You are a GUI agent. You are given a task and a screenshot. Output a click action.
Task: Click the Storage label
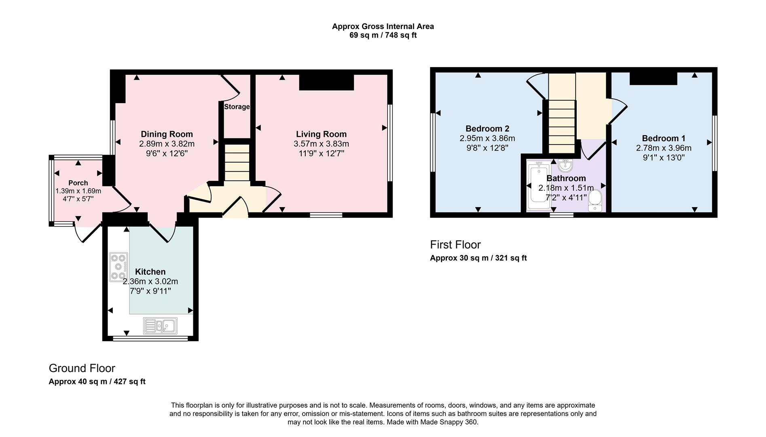(237, 107)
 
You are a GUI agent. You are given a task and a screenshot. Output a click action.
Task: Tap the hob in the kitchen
(118, 267)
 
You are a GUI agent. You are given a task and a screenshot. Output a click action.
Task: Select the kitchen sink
(160, 326)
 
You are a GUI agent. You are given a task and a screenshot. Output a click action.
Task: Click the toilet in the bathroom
(595, 201)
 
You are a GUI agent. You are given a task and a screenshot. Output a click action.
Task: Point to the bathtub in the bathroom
(537, 186)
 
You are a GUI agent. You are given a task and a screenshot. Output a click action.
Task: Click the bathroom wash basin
(565, 165)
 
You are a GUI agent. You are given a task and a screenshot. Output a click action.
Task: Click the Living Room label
(321, 134)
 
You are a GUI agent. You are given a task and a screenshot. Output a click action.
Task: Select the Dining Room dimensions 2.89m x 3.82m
(167, 144)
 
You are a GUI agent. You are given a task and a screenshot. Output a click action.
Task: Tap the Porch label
(78, 183)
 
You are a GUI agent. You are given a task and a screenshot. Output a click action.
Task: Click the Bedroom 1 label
(663, 138)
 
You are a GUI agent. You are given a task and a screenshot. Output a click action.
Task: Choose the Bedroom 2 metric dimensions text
(487, 138)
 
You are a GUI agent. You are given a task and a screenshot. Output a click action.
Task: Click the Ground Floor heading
(82, 368)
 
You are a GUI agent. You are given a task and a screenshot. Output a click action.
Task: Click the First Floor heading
(455, 245)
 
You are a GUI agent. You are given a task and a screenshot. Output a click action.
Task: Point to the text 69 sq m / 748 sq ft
(383, 35)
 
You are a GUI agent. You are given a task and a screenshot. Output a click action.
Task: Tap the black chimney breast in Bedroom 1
(653, 78)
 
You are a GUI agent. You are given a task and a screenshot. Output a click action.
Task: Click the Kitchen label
(150, 272)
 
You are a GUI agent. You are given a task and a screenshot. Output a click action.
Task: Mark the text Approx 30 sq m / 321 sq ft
(478, 258)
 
